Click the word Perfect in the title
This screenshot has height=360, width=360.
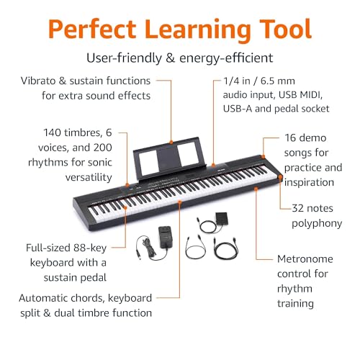[92, 30]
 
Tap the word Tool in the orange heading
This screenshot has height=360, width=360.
[285, 29]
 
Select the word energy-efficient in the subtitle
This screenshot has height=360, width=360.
[226, 58]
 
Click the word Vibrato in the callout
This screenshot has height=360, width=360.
[38, 81]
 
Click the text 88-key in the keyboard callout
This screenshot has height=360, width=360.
[90, 248]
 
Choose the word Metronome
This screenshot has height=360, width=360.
[305, 259]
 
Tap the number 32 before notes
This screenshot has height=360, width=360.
[298, 208]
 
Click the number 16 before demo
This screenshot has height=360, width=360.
[290, 138]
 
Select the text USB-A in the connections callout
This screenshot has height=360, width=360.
[238, 109]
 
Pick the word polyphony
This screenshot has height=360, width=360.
[317, 224]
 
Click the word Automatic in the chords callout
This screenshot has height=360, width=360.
[44, 298]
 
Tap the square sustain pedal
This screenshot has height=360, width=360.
[222, 218]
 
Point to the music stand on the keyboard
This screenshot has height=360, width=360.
[169, 158]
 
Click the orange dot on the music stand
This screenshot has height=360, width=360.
[171, 143]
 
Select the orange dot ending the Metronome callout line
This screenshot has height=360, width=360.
[256, 189]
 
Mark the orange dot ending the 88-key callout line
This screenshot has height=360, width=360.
[125, 207]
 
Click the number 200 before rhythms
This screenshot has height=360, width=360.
[102, 148]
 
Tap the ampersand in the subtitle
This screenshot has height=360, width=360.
[170, 58]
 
